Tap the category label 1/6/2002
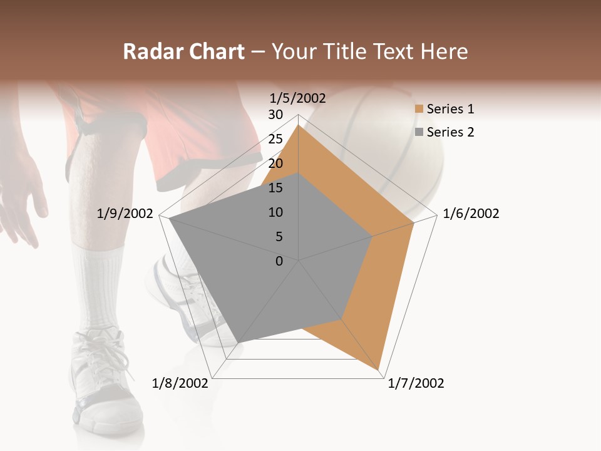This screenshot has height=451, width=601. [x=471, y=214]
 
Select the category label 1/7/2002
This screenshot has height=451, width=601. [x=416, y=383]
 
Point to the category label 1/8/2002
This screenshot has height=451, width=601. [x=180, y=383]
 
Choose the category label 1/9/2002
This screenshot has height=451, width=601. [x=125, y=214]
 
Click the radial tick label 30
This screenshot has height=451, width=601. [x=275, y=115]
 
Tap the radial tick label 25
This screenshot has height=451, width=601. [x=275, y=139]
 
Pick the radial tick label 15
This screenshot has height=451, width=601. [x=275, y=188]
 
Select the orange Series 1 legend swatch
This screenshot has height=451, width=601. [x=419, y=109]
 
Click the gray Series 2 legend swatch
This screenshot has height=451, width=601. [x=419, y=132]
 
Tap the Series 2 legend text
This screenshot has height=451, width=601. [x=451, y=132]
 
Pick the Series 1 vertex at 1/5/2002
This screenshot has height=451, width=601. [x=299, y=125]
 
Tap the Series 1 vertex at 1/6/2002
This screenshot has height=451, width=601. [x=414, y=223]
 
